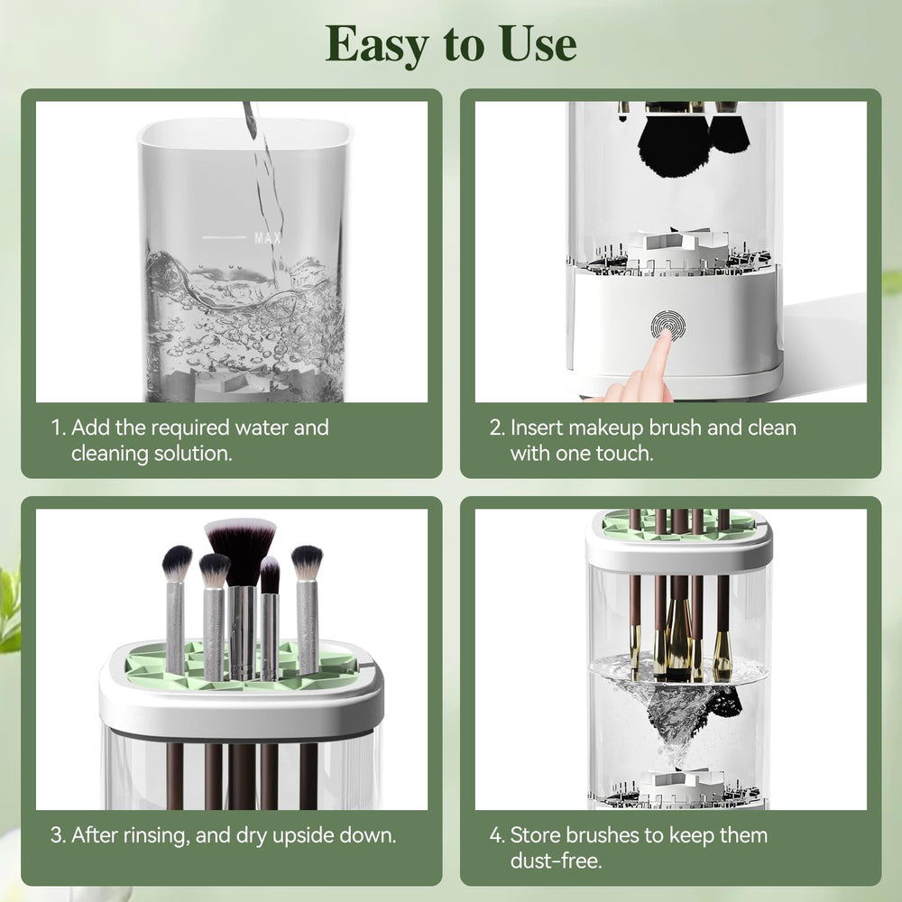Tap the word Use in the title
(538, 43)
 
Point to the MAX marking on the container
(268, 237)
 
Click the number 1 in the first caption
(56, 428)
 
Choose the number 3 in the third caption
(57, 835)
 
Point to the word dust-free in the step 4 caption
(556, 861)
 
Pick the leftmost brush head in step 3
(177, 563)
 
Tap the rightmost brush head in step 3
(307, 563)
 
